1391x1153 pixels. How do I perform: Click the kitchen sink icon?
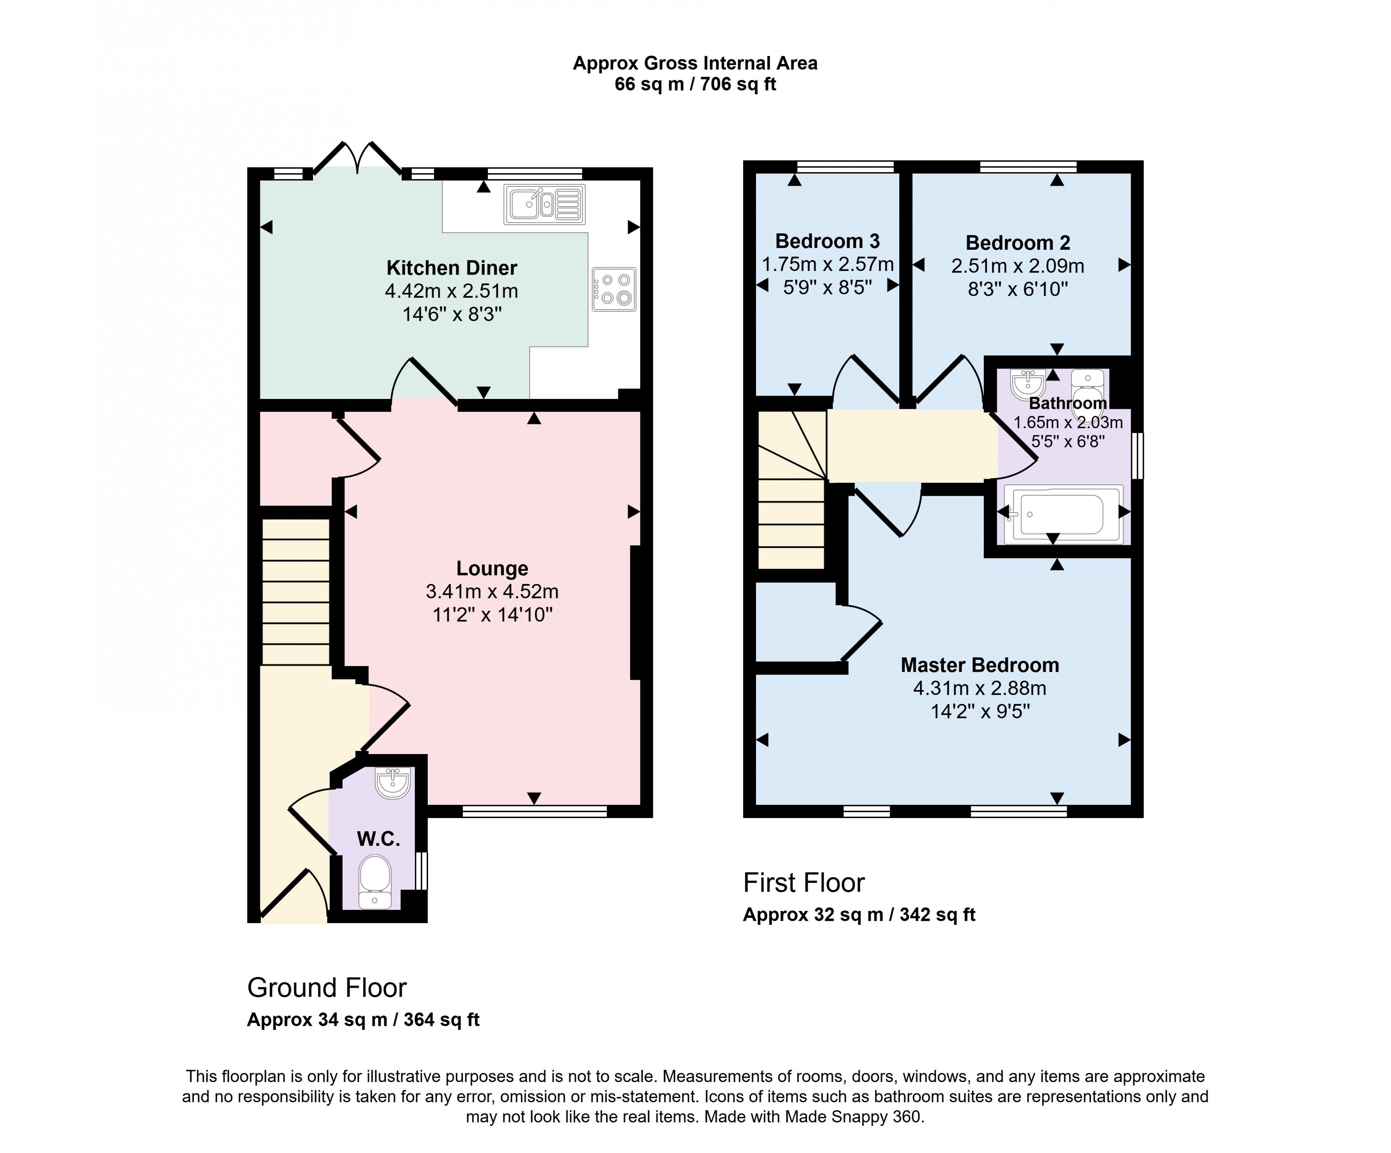tap(544, 204)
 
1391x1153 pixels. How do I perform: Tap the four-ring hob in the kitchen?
tap(614, 289)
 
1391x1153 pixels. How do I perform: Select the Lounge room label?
tap(492, 569)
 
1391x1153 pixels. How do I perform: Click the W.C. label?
tap(378, 840)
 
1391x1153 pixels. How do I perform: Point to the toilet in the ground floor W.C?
tap(375, 880)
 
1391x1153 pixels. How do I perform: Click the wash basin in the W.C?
tap(393, 783)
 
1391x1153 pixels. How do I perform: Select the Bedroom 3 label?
tap(827, 241)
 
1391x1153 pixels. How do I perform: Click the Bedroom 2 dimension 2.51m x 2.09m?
tap(1017, 266)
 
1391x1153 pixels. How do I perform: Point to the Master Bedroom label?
tap(980, 665)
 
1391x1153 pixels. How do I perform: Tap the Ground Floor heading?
tap(326, 988)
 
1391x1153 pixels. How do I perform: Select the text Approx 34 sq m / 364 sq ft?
tap(363, 1020)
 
